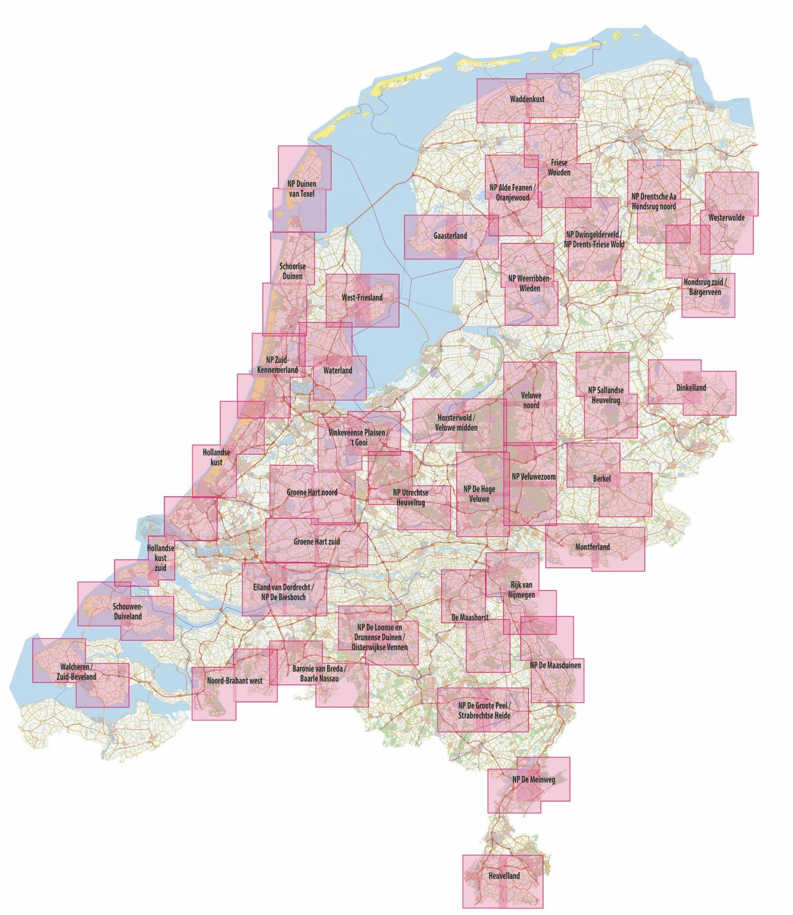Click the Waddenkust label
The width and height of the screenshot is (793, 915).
pos(527,99)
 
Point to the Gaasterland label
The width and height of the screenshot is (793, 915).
pos(450,235)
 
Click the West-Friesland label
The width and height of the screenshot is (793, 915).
pos(362,297)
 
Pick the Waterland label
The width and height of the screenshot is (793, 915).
pos(338,370)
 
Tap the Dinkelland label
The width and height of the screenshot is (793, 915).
pos(691,387)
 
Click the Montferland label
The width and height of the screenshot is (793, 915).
pos(593,546)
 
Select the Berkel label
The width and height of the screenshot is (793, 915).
pos(602,478)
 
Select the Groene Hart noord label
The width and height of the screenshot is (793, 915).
pos(312,492)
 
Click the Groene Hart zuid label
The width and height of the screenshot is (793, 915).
pos(317,541)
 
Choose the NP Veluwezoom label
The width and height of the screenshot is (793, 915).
pos(534,477)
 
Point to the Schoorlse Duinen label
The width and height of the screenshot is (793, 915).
pos(291,271)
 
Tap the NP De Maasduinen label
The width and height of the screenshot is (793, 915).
pos(555,665)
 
